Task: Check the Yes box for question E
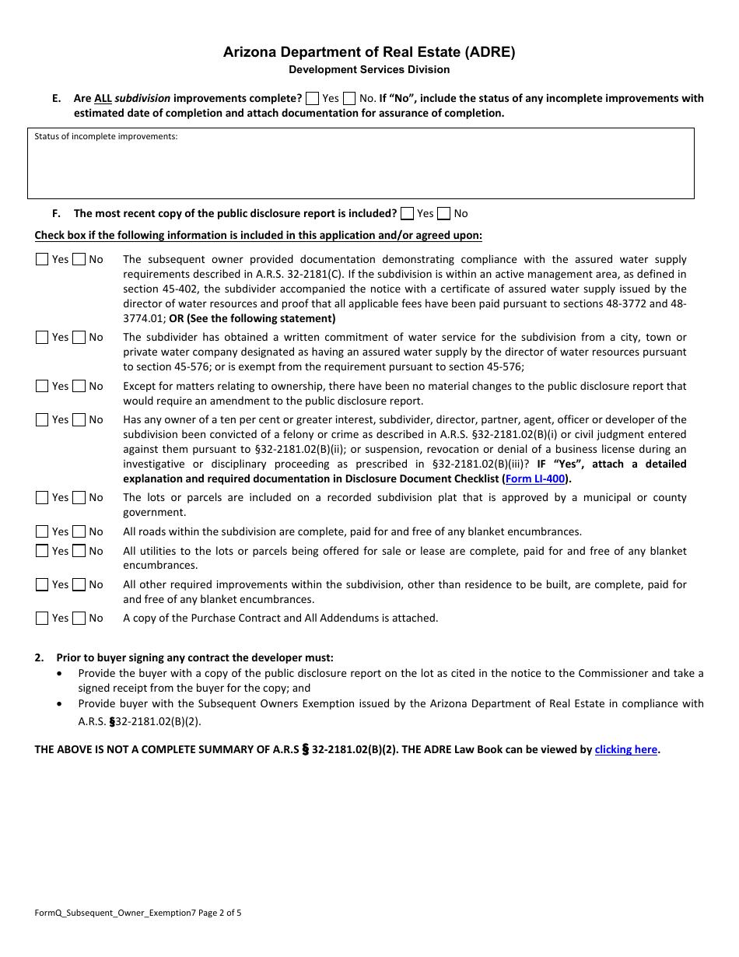click(312, 98)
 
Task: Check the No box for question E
click(349, 98)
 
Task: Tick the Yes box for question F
click(407, 213)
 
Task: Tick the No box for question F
click(443, 213)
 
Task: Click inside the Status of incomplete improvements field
click(360, 167)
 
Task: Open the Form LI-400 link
click(535, 479)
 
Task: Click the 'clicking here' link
click(626, 750)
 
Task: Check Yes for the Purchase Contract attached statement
click(42, 619)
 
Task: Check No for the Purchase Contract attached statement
click(79, 619)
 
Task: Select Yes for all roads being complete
click(42, 532)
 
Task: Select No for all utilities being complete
click(79, 551)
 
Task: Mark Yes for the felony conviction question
click(42, 420)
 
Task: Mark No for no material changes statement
click(79, 386)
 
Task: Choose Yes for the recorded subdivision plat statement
click(42, 498)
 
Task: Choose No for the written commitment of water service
click(79, 338)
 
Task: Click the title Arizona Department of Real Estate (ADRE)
click(369, 52)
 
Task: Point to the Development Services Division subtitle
click(369, 70)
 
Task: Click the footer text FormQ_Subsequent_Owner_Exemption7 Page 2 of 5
click(138, 913)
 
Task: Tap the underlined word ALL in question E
click(103, 99)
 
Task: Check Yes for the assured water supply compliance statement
click(42, 260)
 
